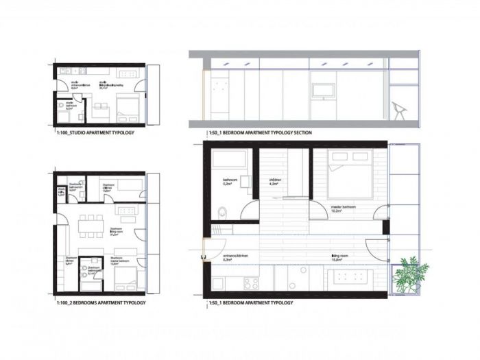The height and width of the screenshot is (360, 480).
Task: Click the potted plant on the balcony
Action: point(411,271)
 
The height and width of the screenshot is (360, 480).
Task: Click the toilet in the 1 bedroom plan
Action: point(219,211)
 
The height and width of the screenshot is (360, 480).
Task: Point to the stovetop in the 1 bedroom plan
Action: point(250,283)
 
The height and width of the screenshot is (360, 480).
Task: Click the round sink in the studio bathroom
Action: point(61,106)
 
